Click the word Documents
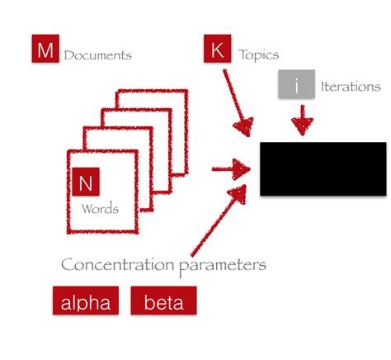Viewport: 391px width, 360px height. (x=97, y=56)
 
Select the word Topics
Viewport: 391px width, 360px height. (x=258, y=56)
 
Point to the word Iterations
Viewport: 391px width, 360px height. (x=350, y=86)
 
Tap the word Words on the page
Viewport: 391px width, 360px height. (x=100, y=209)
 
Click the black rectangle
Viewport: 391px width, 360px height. (x=323, y=168)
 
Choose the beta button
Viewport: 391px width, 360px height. (x=164, y=301)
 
